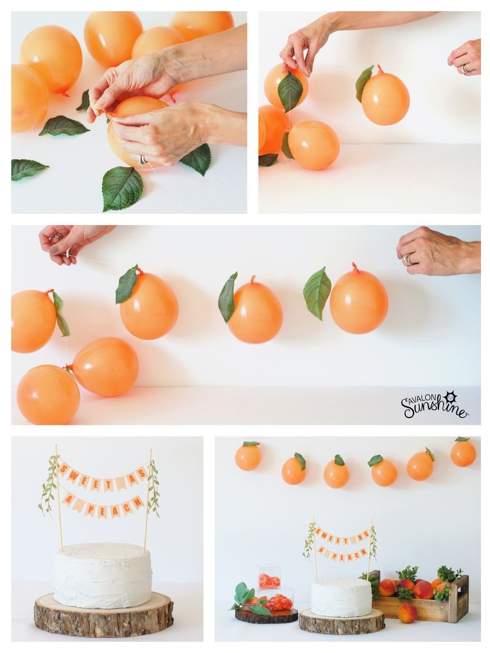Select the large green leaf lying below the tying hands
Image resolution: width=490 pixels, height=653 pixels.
(x=122, y=187)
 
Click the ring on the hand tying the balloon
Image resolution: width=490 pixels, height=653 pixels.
(x=142, y=160)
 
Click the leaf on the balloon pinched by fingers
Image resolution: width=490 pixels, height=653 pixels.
(x=290, y=90)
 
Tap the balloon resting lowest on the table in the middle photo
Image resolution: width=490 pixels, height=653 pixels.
(x=48, y=395)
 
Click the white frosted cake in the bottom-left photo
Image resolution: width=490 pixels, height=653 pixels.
(x=103, y=574)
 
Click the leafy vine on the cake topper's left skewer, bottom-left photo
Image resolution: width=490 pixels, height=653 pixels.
(x=50, y=484)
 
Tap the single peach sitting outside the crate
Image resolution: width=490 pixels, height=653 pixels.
(x=407, y=614)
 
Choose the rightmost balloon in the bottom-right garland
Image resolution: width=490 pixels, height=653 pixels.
(x=463, y=452)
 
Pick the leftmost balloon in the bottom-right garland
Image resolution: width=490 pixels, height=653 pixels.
(x=248, y=456)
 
